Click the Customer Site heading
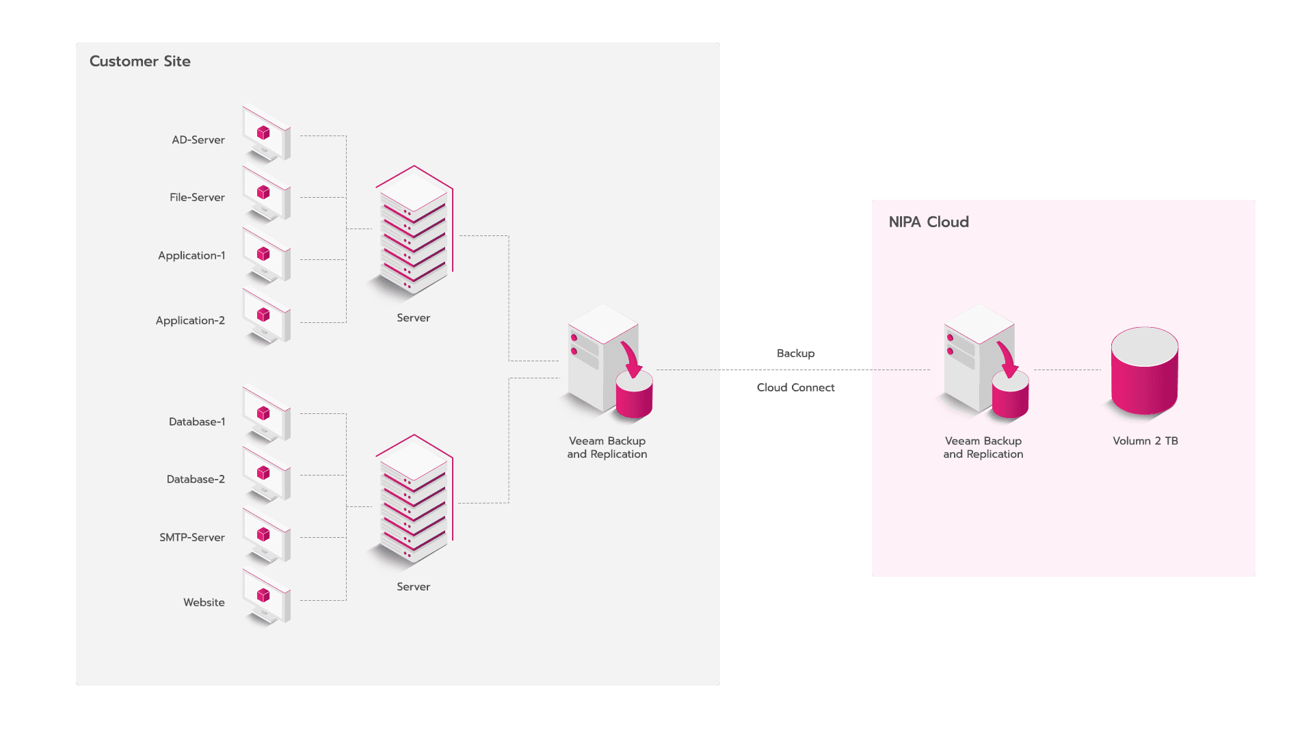[140, 62]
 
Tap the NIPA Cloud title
[929, 222]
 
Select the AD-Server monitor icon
[267, 133]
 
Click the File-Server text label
[197, 197]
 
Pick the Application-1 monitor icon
[267, 255]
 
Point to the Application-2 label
[190, 320]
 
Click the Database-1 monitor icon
[267, 415]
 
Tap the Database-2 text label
[196, 479]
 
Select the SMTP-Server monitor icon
[267, 536]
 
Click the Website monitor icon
[267, 597]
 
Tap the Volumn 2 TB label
[1145, 441]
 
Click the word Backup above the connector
[795, 353]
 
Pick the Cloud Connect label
[795, 387]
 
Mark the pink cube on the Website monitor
[263, 595]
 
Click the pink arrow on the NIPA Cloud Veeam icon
[1008, 358]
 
